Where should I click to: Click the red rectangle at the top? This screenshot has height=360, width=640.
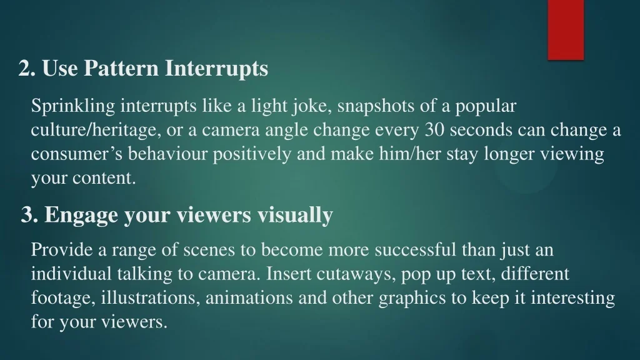click(566, 30)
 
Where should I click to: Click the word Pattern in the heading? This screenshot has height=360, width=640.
click(121, 67)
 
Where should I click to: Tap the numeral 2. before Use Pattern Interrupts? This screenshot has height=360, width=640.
click(27, 67)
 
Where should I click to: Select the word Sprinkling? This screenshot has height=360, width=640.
click(74, 106)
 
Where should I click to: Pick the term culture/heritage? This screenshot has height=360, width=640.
click(94, 130)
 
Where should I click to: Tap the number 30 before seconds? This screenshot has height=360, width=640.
click(434, 130)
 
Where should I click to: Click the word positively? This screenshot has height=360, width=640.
click(252, 154)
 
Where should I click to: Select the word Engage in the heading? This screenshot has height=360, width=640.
click(81, 215)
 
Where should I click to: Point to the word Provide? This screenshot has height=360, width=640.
click(62, 249)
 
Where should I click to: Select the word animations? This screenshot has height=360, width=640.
click(249, 297)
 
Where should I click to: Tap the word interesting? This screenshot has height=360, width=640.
click(572, 298)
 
